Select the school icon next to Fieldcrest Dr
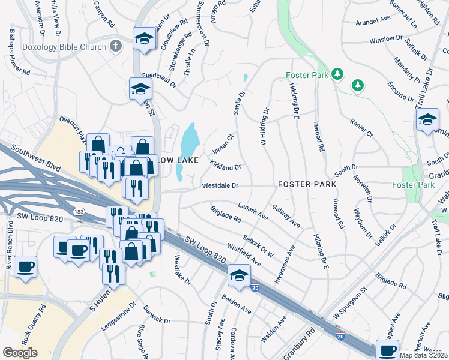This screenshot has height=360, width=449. pos(141,89)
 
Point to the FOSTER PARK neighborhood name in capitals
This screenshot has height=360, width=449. pos(306,184)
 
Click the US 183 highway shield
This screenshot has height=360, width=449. pos(78,212)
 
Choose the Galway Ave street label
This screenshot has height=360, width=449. pos(286,215)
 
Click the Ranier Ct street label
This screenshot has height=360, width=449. pos(361,127)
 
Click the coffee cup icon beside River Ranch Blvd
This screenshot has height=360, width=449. pos(25,267)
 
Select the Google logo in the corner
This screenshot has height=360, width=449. pos(20,353)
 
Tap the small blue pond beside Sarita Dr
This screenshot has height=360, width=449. pos(246,78)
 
